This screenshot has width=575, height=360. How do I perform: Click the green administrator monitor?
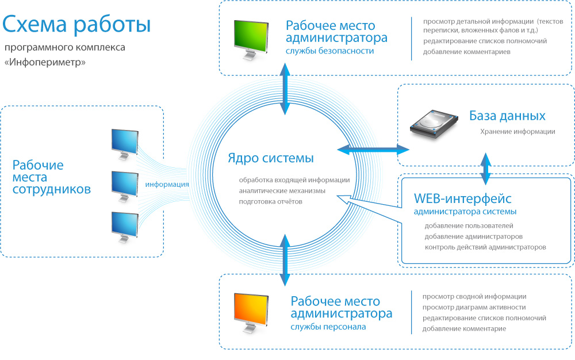tap(251, 36)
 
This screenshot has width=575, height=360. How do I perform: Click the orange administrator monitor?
tap(251, 309)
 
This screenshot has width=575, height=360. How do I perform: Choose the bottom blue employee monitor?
tap(124, 225)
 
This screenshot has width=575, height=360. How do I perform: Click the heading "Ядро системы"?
tap(271, 158)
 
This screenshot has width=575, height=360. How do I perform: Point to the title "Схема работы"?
tap(76, 25)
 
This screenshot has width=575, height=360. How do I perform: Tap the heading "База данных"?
tap(507, 116)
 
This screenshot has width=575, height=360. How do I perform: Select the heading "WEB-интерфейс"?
tap(462, 199)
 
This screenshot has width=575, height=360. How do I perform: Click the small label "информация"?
tap(167, 185)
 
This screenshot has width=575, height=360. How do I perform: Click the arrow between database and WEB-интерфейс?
tap(486, 168)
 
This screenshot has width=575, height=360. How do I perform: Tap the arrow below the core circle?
tap(284, 259)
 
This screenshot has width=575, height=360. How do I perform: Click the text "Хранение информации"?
tap(517, 132)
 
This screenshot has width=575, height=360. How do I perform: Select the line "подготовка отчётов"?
tap(271, 202)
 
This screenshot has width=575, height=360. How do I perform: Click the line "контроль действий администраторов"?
tap(485, 247)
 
